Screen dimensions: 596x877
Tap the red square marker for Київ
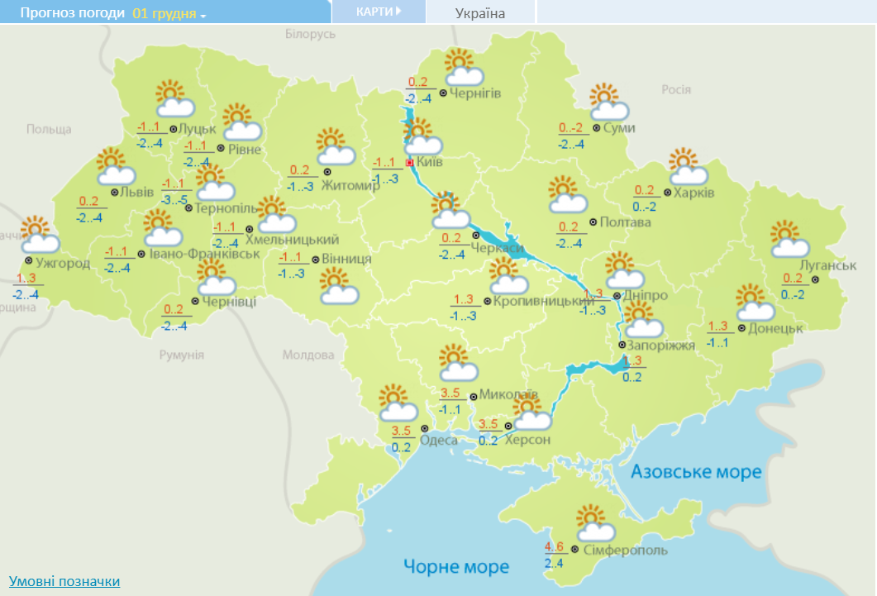pyautogui.click(x=409, y=163)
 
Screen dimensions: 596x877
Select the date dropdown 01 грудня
pyautogui.click(x=169, y=13)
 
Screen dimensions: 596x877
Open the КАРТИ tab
pyautogui.click(x=379, y=12)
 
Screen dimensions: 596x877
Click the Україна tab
pyautogui.click(x=480, y=13)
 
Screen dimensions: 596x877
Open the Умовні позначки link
pyautogui.click(x=64, y=581)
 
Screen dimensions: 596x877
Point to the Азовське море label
pyautogui.click(x=696, y=472)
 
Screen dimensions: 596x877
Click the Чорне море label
pyautogui.click(x=456, y=566)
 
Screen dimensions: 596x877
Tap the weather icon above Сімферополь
pyautogui.click(x=595, y=523)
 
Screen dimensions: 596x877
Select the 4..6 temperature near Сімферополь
pyautogui.click(x=554, y=546)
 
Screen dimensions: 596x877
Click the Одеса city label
pyautogui.click(x=439, y=440)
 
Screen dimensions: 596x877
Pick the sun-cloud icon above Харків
pyautogui.click(x=689, y=168)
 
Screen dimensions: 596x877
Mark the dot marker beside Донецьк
pyautogui.click(x=741, y=328)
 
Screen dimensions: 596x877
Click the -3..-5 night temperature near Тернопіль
pyautogui.click(x=174, y=199)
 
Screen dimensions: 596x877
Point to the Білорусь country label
pyautogui.click(x=310, y=34)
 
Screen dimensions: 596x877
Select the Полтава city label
pyautogui.click(x=627, y=222)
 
